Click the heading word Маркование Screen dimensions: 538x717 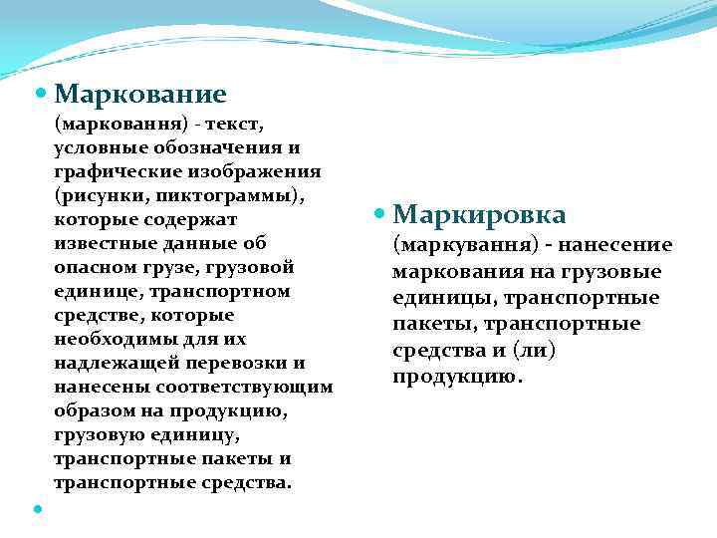pos(140,94)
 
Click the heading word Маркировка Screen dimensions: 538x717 pos(479,214)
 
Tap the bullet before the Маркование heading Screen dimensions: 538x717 pos(41,94)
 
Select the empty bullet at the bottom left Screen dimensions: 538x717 pos(38,509)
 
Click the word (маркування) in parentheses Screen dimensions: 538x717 pos(459,245)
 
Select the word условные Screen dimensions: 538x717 pos(97,147)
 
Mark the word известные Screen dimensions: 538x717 pos(103,243)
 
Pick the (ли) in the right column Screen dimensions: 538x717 pos(534,351)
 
